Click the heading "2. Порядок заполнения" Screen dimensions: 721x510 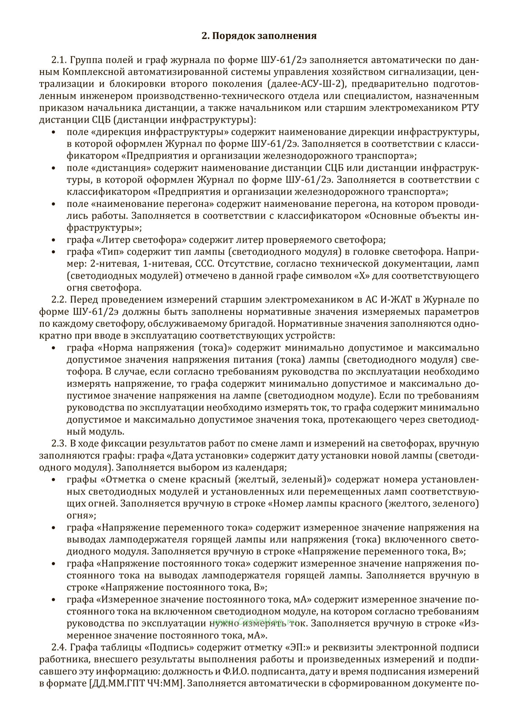tap(259, 36)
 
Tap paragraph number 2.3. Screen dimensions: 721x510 tap(59, 444)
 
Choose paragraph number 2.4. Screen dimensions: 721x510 tap(59, 648)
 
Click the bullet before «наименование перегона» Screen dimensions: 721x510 tap(54, 204)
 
